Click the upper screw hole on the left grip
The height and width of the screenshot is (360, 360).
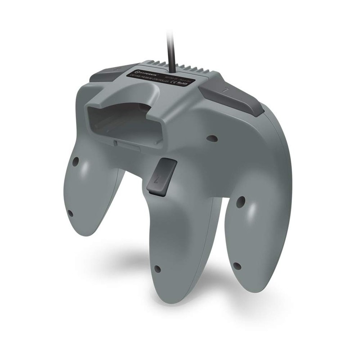pos(76,160)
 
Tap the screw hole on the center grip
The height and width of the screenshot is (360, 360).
pos(157,269)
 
